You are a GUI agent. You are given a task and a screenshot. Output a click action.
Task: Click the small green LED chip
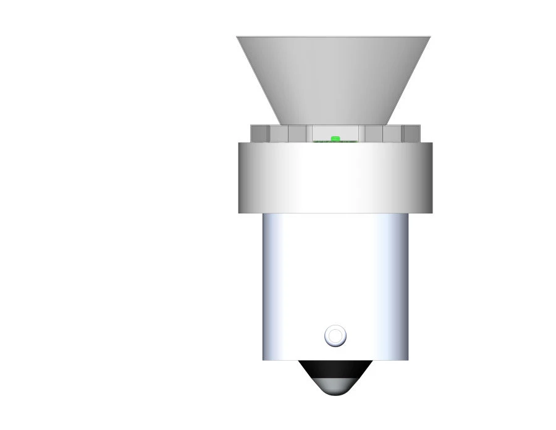(335, 138)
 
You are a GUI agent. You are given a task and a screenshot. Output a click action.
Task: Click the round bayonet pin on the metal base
(335, 336)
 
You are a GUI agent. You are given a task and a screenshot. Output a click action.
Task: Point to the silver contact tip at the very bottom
(335, 389)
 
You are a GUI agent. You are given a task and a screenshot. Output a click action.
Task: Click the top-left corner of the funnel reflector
(238, 37)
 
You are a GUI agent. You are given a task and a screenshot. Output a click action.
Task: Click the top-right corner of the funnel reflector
(429, 37)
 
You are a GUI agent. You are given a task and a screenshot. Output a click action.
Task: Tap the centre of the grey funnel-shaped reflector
(334, 77)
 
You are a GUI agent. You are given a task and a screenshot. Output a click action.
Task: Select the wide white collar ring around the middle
(335, 178)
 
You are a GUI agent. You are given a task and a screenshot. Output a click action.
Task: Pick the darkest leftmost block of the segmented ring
(259, 133)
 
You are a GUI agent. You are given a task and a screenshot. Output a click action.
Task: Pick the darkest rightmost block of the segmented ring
(411, 133)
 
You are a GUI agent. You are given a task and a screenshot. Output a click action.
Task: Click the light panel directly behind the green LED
(335, 131)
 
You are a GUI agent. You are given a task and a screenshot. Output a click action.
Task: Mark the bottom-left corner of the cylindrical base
(264, 359)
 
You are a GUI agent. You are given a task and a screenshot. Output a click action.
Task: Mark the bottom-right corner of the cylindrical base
(408, 359)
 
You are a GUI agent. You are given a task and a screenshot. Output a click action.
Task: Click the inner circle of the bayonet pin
(335, 336)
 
